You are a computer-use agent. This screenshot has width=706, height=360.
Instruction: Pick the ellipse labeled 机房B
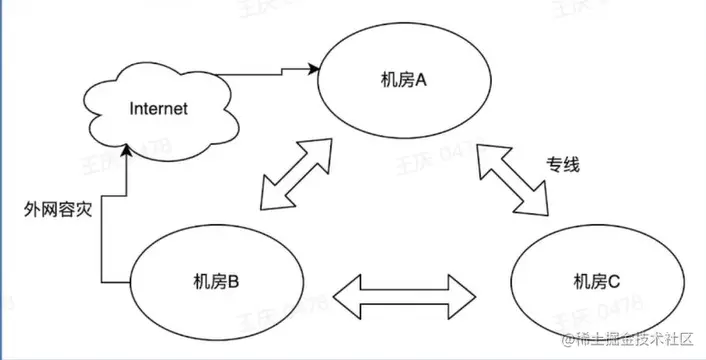(x=216, y=280)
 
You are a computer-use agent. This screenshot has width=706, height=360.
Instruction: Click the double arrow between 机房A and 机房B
(x=299, y=175)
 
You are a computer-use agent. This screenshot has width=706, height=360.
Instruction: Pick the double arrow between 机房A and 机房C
(x=514, y=178)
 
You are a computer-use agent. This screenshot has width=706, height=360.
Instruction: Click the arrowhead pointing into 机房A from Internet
(x=314, y=69)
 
